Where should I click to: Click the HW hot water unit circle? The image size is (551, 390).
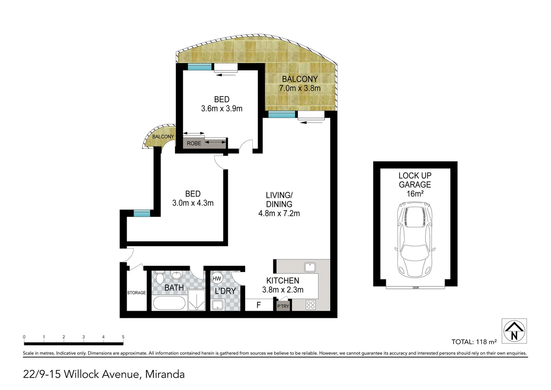(217, 278)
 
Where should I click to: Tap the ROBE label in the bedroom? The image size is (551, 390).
(194, 143)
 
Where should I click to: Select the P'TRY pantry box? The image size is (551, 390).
(283, 306)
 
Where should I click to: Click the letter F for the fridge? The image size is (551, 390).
(259, 305)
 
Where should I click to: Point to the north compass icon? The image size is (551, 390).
(514, 330)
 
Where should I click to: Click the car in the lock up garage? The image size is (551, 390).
(415, 240)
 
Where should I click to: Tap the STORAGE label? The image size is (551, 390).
(136, 293)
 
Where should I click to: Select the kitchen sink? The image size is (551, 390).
(310, 267)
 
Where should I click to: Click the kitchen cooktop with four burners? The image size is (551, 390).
(310, 305)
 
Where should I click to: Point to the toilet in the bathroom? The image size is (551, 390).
(159, 278)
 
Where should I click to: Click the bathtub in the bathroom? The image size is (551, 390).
(169, 303)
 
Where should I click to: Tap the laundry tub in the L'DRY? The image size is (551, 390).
(218, 305)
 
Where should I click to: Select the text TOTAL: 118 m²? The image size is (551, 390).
(474, 342)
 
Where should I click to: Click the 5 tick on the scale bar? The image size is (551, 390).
(123, 337)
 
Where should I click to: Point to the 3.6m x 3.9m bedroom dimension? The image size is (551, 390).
(221, 108)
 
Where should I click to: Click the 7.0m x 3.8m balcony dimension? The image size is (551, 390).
(300, 88)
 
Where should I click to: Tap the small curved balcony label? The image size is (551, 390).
(163, 136)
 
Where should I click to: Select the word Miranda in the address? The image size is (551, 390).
(165, 374)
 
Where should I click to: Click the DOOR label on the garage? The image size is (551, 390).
(416, 288)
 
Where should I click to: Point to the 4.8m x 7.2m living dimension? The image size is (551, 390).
(279, 213)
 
